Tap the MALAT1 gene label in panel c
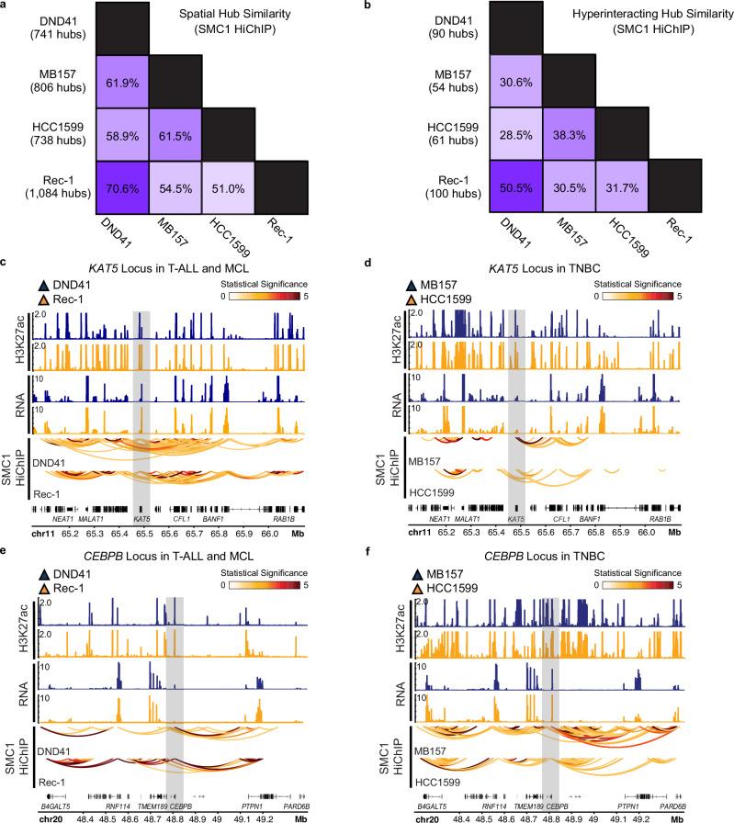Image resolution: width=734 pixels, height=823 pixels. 89,521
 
